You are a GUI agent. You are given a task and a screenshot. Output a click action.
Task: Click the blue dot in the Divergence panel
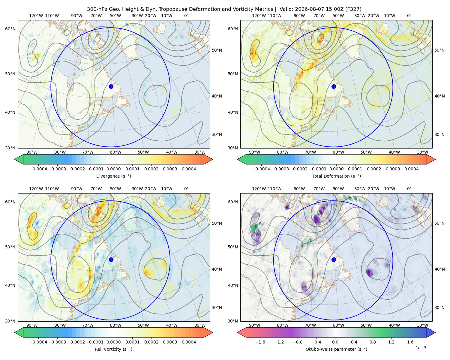click(x=111, y=86)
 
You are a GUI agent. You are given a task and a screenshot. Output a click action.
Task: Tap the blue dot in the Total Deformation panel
click(x=334, y=86)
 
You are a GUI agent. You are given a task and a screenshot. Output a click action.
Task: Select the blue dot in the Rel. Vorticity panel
click(x=111, y=259)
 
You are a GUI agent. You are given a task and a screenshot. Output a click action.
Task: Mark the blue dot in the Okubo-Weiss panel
click(x=334, y=259)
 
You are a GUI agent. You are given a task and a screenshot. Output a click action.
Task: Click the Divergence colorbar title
click(x=113, y=176)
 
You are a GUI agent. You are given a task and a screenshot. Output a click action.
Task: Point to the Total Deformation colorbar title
click(x=336, y=176)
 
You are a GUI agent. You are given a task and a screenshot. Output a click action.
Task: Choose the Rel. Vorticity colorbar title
click(x=113, y=349)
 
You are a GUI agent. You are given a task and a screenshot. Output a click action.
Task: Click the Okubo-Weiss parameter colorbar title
click(x=336, y=349)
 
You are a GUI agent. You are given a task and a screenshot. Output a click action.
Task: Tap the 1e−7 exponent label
click(x=421, y=348)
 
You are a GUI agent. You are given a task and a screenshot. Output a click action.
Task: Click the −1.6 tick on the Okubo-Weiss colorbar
click(x=260, y=342)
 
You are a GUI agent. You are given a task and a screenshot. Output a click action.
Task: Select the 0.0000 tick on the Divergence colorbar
click(x=113, y=169)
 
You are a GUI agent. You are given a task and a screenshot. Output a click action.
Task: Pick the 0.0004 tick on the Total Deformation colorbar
click(x=411, y=169)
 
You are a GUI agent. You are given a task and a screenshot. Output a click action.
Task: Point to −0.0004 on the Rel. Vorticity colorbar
click(x=38, y=342)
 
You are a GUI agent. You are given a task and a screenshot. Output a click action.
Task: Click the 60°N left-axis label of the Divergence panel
click(x=10, y=29)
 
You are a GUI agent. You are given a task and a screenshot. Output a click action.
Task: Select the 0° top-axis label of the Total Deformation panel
click(x=409, y=16)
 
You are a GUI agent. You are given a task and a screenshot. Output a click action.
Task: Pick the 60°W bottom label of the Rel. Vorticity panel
click(x=115, y=325)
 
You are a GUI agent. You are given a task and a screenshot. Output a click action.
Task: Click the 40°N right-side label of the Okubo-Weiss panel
click(x=439, y=269)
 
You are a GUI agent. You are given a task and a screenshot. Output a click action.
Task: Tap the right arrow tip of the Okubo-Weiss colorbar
click(x=435, y=332)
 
